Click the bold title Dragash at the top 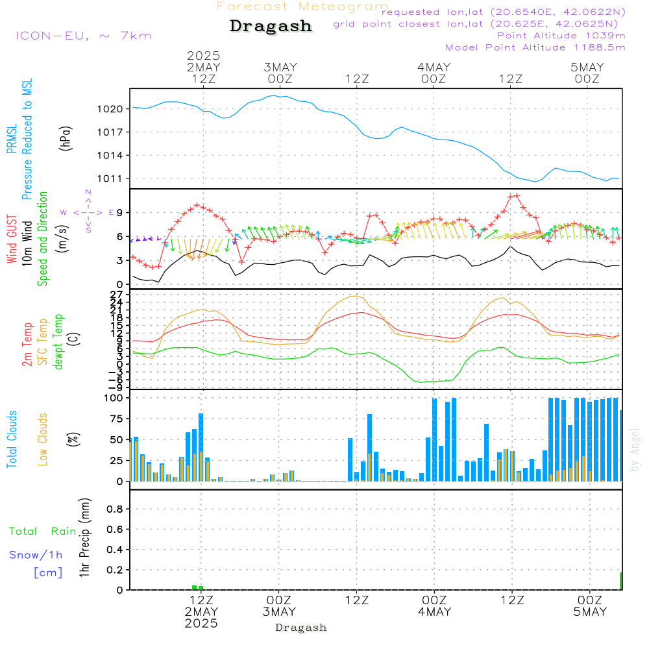(271, 27)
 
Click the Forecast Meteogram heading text (302, 6)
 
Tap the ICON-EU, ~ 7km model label (83, 36)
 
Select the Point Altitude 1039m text (561, 36)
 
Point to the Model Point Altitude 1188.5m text (535, 47)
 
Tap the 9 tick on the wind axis (120, 213)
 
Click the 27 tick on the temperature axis (117, 294)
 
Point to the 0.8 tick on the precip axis (115, 509)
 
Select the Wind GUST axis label (12, 240)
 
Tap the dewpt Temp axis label (58, 341)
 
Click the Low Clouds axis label (43, 439)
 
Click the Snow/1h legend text (36, 555)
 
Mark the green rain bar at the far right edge (620, 581)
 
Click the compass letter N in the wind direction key (88, 192)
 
